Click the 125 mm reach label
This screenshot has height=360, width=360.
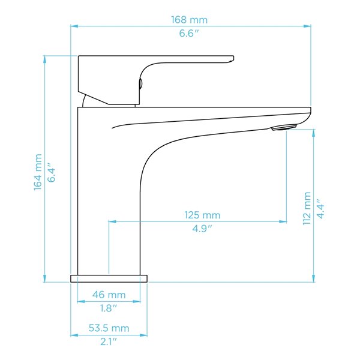coord(202,215)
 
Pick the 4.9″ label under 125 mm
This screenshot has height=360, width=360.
coord(202,229)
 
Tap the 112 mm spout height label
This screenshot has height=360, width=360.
coord(307,208)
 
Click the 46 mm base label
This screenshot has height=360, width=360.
coord(109,295)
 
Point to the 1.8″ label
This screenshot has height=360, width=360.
coord(109,308)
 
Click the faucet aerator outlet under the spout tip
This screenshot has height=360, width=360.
coord(284,127)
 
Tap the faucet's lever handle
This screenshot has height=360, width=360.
coord(180,60)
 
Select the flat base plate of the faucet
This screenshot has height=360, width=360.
coord(109,278)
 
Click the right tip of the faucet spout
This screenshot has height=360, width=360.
coord(309,110)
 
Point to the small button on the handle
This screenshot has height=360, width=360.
coord(142,85)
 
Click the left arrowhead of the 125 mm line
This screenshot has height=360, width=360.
coord(110,221)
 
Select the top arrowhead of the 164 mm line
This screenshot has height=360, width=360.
coord(45,58)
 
